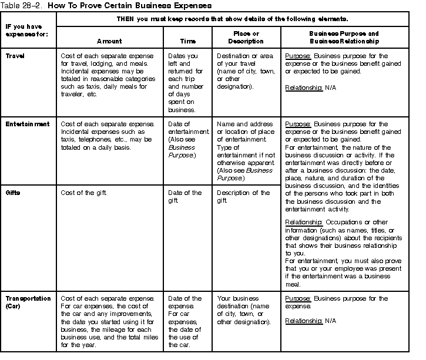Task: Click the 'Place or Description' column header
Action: tap(245, 38)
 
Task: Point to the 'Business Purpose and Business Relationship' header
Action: tap(344, 38)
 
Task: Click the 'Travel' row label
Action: tap(15, 56)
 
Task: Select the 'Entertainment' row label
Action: tap(28, 124)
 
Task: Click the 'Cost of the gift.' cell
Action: tap(83, 193)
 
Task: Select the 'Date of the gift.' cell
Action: tap(185, 196)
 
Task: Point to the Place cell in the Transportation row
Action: tap(243, 310)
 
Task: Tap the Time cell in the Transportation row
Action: tap(185, 321)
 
